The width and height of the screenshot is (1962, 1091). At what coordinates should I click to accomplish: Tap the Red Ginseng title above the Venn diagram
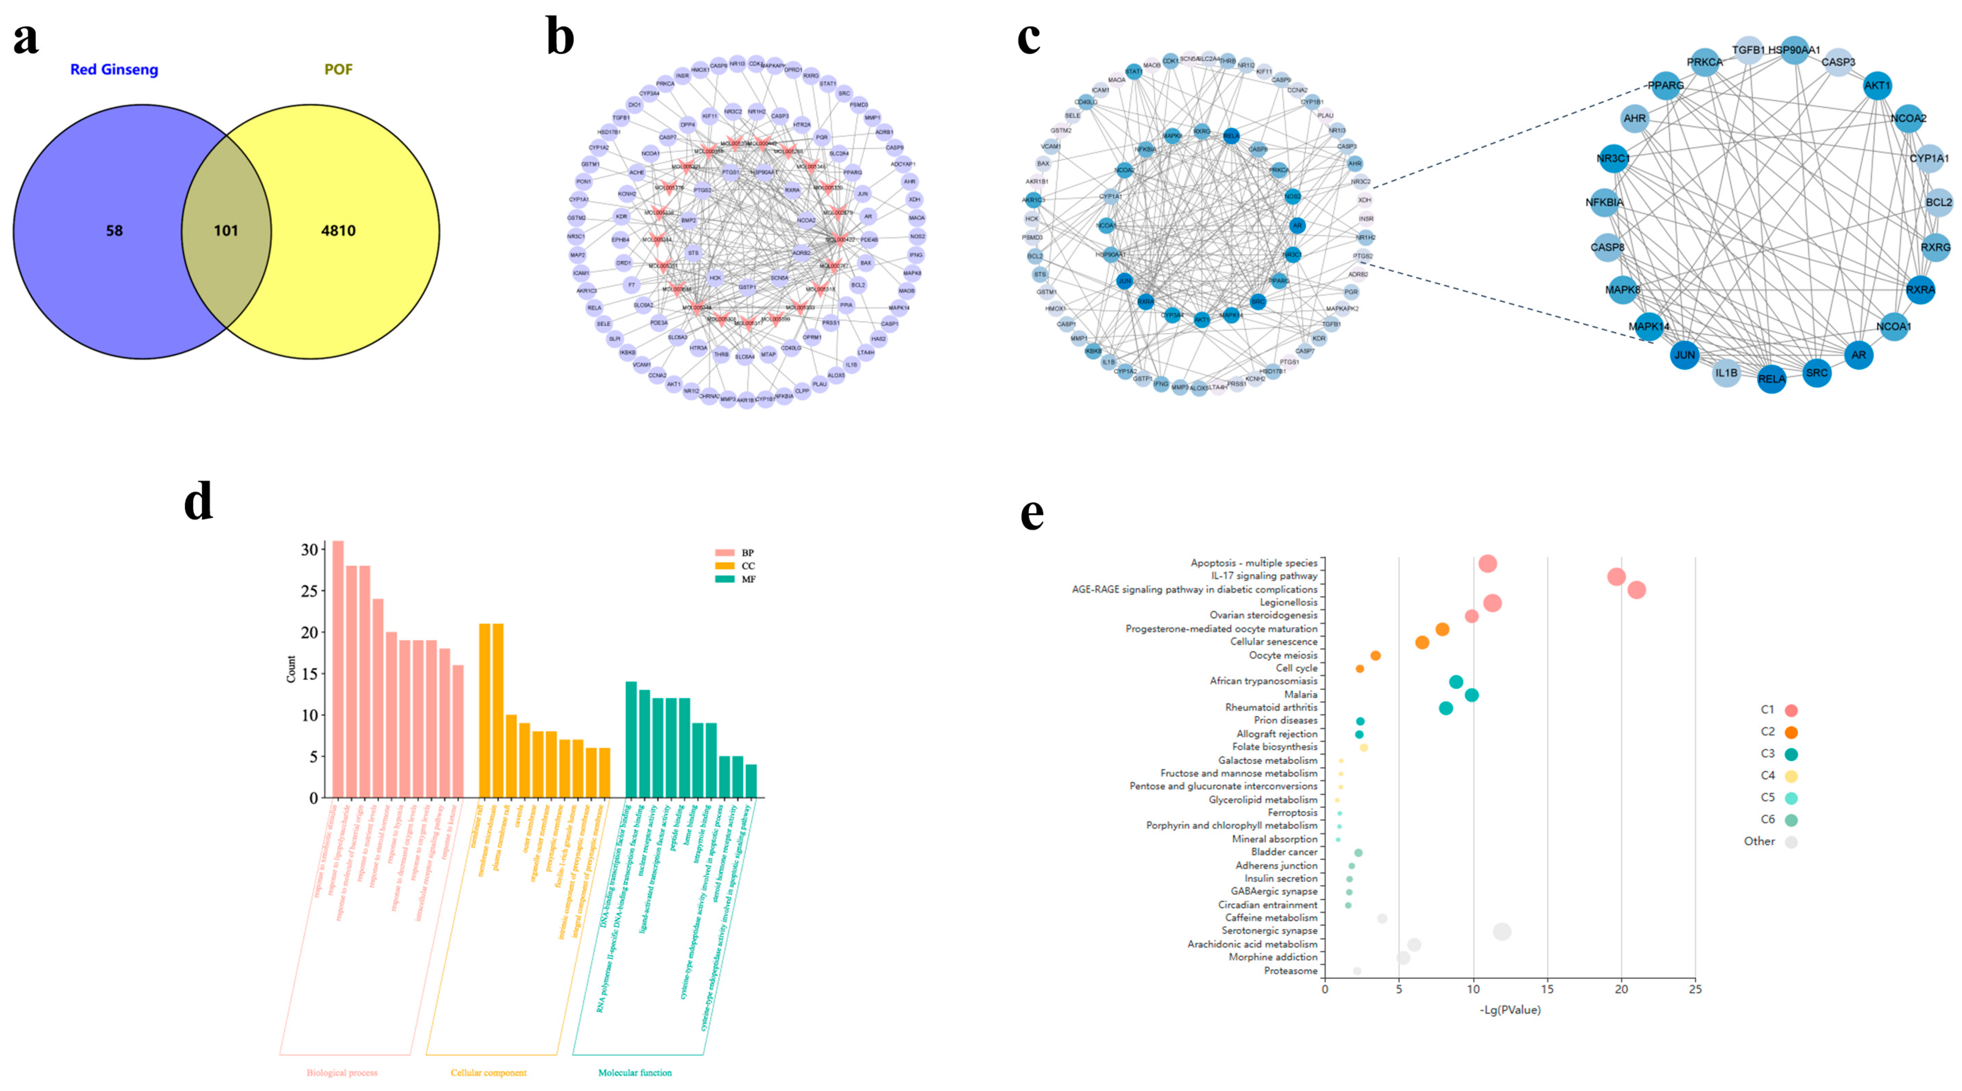[x=114, y=69]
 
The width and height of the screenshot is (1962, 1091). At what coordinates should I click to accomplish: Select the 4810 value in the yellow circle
[x=338, y=231]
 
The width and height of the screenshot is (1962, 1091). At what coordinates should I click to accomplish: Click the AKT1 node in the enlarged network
[x=1877, y=85]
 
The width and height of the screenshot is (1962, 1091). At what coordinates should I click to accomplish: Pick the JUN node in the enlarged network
[x=1684, y=355]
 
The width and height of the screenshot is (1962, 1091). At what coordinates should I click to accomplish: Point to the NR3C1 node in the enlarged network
[x=1613, y=159]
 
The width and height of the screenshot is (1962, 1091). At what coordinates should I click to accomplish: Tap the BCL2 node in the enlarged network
[x=1938, y=203]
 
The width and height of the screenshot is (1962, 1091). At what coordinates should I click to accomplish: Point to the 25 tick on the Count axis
[x=309, y=591]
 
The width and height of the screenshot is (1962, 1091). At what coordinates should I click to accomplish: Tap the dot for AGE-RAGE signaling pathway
[x=1636, y=590]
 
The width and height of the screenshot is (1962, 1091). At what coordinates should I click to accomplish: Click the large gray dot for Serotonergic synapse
[x=1502, y=931]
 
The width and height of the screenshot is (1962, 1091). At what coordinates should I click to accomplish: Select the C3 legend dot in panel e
[x=1791, y=754]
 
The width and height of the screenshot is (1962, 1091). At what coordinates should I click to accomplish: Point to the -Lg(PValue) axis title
[x=1510, y=1010]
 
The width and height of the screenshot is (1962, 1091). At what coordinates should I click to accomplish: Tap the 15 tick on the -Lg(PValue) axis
[x=1547, y=989]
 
